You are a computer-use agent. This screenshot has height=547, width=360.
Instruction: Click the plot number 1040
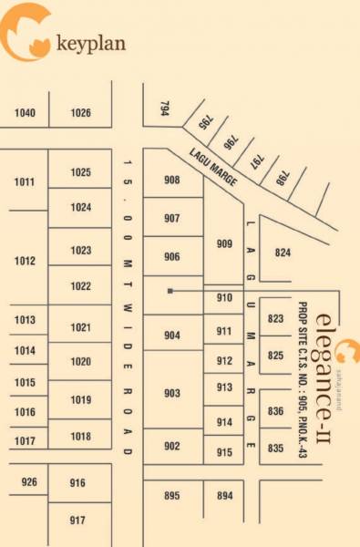tap(26, 113)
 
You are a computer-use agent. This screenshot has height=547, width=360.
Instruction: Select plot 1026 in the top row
tap(81, 113)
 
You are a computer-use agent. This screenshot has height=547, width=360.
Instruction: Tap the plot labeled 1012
tap(25, 262)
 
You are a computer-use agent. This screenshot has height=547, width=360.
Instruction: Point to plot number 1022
tap(81, 286)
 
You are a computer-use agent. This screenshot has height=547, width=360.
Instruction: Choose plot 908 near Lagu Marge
tap(171, 181)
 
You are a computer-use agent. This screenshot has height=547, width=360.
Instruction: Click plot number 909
tap(224, 243)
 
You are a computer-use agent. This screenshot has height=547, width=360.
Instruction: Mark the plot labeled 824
tap(283, 253)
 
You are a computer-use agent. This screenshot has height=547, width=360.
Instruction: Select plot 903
tap(171, 393)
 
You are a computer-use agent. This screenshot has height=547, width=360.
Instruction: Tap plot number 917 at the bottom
tap(77, 520)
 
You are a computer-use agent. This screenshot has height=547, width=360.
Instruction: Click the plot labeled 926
tap(29, 481)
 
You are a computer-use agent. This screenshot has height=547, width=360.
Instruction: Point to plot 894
tap(224, 495)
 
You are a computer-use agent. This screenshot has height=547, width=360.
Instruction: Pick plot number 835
tap(276, 448)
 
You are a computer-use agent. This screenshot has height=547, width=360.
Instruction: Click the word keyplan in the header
tap(90, 43)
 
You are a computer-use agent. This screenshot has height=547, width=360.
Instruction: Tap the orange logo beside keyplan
tap(27, 33)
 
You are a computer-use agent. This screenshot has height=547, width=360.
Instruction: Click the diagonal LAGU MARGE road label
tap(214, 169)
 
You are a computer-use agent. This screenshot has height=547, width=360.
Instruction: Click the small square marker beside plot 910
tap(170, 291)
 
